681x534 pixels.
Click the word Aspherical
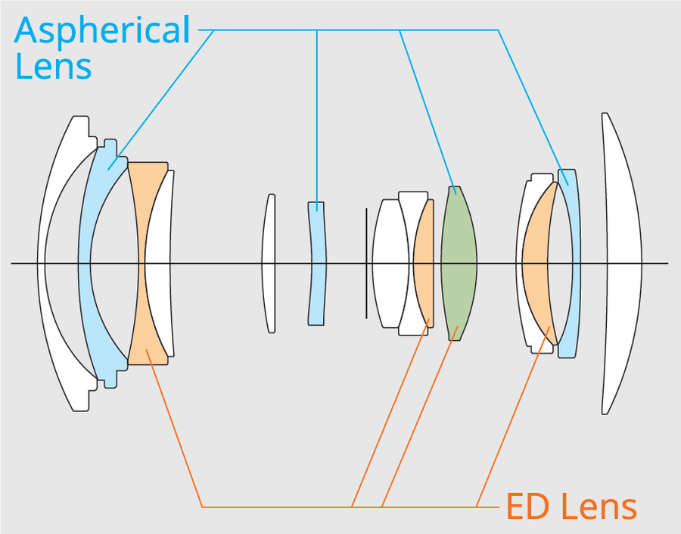coord(102,30)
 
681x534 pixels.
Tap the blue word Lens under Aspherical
coord(53,66)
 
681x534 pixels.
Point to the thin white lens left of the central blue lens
coord(269,227)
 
